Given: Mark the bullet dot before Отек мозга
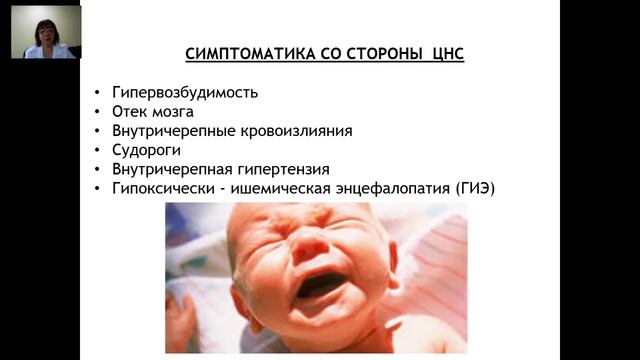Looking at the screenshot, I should [95, 112].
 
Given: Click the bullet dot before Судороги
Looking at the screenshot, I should [95, 150].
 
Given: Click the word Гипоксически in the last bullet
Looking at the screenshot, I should [159, 188].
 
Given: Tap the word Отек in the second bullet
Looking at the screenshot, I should [127, 111].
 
